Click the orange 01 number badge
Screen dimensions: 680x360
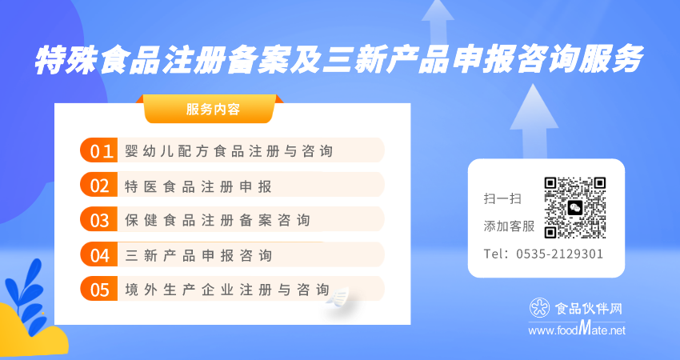click(x=99, y=150)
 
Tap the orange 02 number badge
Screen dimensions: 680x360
click(x=99, y=185)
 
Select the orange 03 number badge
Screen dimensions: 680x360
click(x=99, y=219)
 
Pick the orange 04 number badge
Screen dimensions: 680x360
click(x=99, y=254)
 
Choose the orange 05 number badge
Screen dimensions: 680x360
click(x=99, y=289)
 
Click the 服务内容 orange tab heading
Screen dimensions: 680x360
click(x=213, y=109)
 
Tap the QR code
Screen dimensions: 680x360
click(x=575, y=208)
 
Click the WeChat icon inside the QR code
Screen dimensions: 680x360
click(x=575, y=208)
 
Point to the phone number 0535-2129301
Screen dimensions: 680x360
click(x=559, y=254)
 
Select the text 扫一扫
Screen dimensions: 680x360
click(x=502, y=199)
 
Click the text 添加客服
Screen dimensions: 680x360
click(x=509, y=226)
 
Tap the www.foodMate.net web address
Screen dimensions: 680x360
click(x=577, y=330)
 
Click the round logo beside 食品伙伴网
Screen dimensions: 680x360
click(x=540, y=307)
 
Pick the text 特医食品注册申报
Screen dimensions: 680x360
click(x=198, y=186)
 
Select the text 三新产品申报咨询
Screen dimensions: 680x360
click(x=198, y=255)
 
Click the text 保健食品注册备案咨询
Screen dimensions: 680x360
click(x=218, y=220)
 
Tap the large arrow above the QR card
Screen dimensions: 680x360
click(x=534, y=122)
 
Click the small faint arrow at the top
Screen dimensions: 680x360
click(x=438, y=22)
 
